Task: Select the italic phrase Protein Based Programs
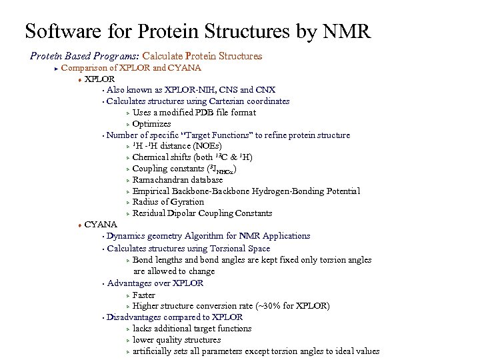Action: click(85, 57)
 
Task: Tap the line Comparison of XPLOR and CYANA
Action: click(131, 67)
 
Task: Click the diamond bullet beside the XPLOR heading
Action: click(79, 79)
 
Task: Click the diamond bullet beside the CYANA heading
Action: click(79, 225)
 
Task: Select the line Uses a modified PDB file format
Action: click(194, 113)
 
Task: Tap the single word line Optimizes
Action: click(151, 124)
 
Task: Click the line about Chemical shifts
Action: click(192, 157)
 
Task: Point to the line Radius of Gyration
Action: click(168, 202)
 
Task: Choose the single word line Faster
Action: click(144, 295)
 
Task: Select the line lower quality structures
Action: click(177, 339)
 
